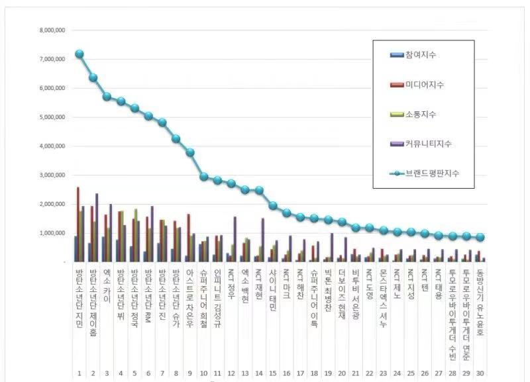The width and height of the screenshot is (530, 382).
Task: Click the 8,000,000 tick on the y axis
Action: point(52,30)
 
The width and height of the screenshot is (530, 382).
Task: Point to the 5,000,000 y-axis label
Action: point(52,117)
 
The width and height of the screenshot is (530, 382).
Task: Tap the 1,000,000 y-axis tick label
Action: point(52,233)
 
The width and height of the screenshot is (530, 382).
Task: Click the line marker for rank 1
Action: point(79,54)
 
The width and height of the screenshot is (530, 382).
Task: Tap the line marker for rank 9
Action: point(191,152)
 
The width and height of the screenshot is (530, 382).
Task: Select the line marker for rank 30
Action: point(480,237)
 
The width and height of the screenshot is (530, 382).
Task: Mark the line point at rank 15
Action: point(273,205)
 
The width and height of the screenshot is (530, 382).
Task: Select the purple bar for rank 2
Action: point(97,228)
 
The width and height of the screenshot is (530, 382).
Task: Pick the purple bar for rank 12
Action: point(235,239)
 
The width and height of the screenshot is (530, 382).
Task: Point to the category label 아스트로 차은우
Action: point(190,298)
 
